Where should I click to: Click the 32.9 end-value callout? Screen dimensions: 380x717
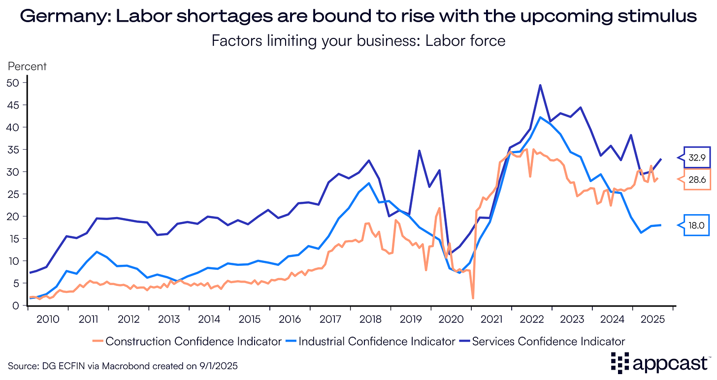point(696,158)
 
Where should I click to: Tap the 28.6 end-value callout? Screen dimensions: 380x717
point(695,180)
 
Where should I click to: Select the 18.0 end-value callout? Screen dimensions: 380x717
point(695,225)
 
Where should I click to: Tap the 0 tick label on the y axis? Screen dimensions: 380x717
point(15,306)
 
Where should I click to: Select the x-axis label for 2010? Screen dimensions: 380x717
point(48,318)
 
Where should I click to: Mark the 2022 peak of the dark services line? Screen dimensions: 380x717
point(540,85)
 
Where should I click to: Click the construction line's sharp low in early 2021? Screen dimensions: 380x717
point(473,298)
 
